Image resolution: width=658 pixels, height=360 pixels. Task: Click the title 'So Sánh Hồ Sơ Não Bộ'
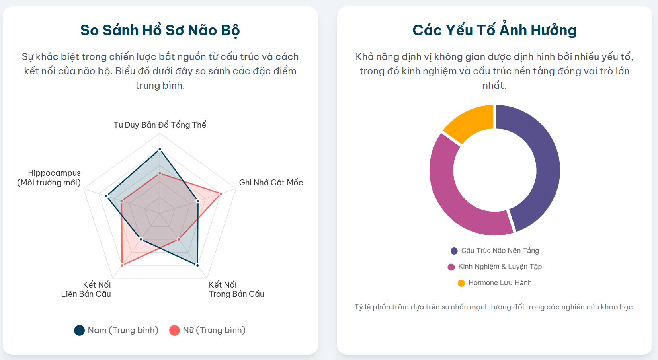coord(160,31)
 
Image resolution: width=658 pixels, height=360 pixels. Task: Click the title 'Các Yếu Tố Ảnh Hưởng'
coord(494,31)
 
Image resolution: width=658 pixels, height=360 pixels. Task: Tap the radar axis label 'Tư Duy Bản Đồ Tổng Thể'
coord(160,125)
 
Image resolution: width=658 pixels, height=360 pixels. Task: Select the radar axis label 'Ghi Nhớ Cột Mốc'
coord(271,183)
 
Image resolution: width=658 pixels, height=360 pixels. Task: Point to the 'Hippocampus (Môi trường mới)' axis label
coord(49,178)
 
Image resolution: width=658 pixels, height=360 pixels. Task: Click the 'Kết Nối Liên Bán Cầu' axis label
coord(86,289)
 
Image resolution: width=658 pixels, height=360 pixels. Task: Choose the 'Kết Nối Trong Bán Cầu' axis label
coord(236,289)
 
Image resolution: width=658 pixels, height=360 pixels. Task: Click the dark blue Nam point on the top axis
coord(160,150)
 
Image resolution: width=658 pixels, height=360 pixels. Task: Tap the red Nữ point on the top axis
coord(160,173)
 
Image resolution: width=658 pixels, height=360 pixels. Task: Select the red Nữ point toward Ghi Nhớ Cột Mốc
coord(221,193)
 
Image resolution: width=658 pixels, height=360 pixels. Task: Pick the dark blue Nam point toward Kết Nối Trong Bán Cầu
coord(197,265)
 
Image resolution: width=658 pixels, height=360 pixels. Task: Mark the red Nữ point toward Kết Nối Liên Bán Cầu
coord(122,265)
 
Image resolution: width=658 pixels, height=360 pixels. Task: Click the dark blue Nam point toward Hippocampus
coord(107,196)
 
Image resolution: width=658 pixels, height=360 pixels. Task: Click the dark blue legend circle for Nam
coord(79,330)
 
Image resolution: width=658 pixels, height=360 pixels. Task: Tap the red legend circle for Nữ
coord(174,330)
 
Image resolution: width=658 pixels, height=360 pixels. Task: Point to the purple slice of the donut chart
coord(541,159)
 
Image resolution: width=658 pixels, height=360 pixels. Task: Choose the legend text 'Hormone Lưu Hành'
coord(500,283)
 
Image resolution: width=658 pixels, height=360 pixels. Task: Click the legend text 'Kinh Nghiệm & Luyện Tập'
coord(500,267)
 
